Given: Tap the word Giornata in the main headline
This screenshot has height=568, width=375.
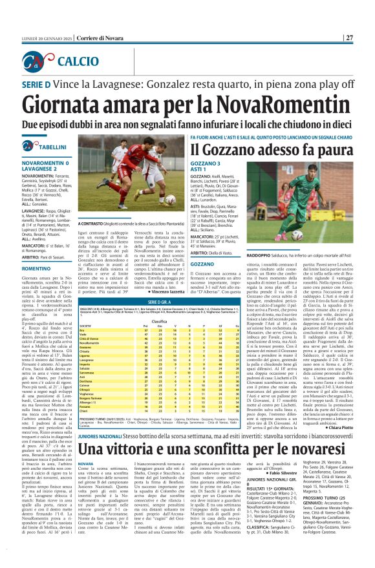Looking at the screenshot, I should tap(65, 101).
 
